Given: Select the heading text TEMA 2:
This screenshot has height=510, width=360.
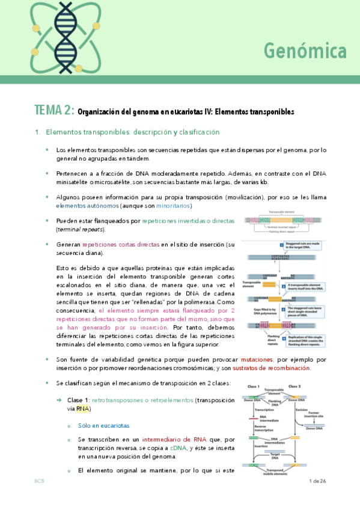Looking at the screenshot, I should (x=55, y=111).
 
